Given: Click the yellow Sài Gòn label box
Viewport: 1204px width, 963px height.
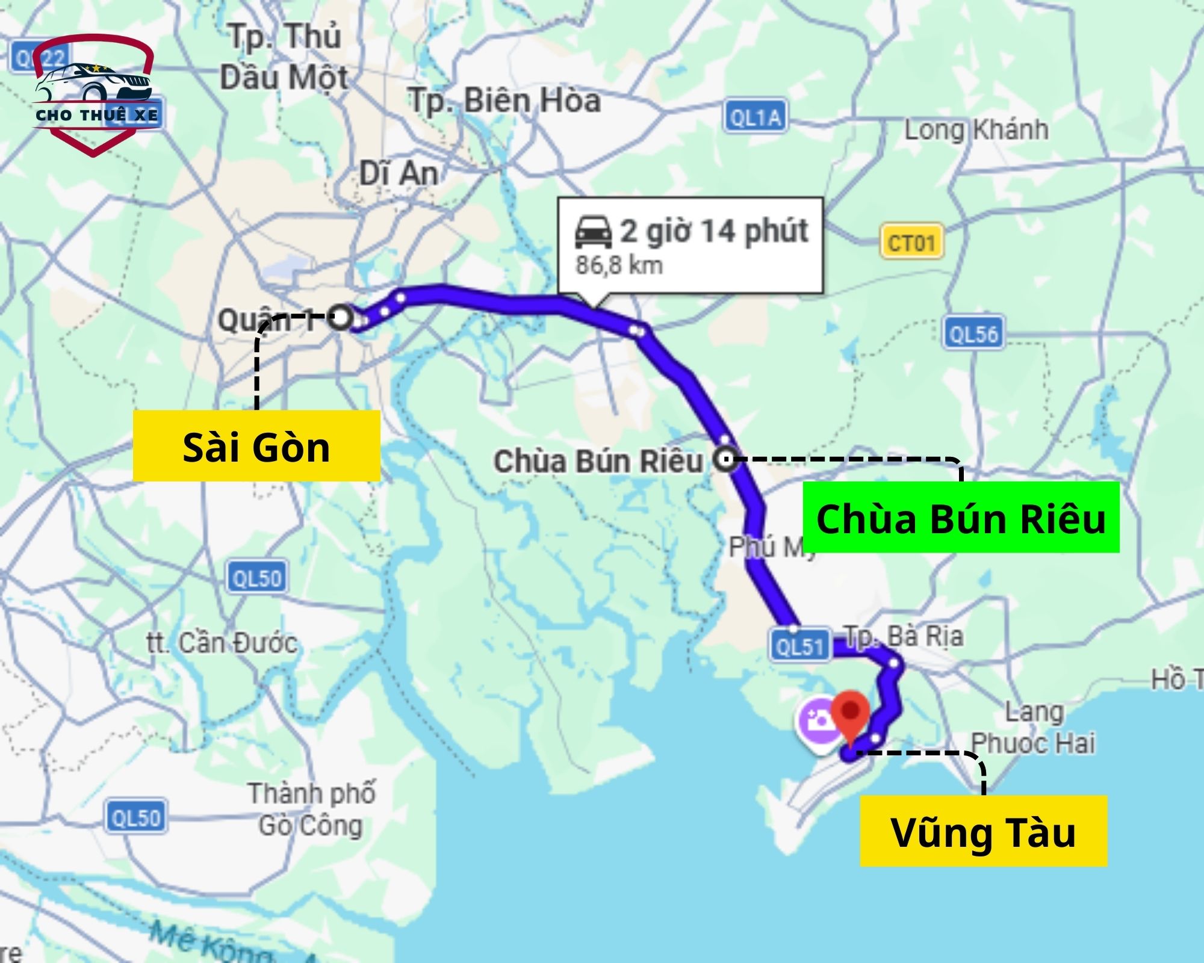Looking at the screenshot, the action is pyautogui.click(x=256, y=446).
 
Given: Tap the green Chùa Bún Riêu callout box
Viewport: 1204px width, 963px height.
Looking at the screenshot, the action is pyautogui.click(x=961, y=518).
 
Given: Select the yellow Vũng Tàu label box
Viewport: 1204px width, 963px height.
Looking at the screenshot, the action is pyautogui.click(x=983, y=832).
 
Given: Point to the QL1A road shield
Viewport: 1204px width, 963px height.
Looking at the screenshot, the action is pyautogui.click(x=755, y=117).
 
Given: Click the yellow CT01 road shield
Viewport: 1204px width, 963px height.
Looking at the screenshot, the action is pyautogui.click(x=911, y=243).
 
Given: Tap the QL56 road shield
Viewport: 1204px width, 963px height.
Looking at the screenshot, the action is pyautogui.click(x=973, y=333).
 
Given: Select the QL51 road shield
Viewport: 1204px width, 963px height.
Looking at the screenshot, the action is pyautogui.click(x=799, y=646).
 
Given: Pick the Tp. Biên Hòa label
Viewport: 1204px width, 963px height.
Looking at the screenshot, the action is pyautogui.click(x=504, y=100).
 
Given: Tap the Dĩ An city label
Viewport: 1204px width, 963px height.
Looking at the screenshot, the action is pyautogui.click(x=399, y=174).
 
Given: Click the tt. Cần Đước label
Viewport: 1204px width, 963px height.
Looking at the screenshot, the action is pyautogui.click(x=222, y=643).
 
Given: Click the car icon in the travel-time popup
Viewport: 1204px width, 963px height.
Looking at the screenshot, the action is pyautogui.click(x=594, y=232).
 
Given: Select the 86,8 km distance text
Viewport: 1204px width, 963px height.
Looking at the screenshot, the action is pyautogui.click(x=619, y=265).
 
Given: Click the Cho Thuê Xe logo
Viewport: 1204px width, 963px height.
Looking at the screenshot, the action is pyautogui.click(x=95, y=95).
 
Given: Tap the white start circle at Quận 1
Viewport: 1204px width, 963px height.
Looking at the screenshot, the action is pyautogui.click(x=341, y=317).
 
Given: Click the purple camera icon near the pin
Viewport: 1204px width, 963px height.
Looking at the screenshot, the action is pyautogui.click(x=818, y=720).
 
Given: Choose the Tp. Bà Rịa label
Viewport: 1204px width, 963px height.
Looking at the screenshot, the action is pyautogui.click(x=903, y=636).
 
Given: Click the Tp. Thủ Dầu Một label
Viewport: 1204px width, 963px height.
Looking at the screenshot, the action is pyautogui.click(x=284, y=57).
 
